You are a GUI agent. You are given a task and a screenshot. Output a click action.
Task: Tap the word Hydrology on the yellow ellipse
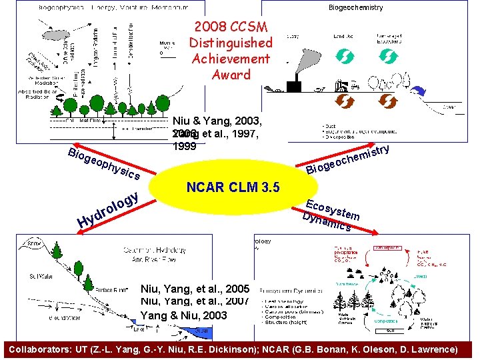tap(108, 209)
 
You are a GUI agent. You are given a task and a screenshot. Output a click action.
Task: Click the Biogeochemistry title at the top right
tap(355, 7)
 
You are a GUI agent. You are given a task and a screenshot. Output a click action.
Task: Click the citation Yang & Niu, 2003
tap(184, 315)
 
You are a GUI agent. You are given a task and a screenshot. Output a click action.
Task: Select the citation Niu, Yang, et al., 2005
tap(195, 289)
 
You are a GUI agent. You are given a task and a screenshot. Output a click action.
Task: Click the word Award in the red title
tap(231, 74)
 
